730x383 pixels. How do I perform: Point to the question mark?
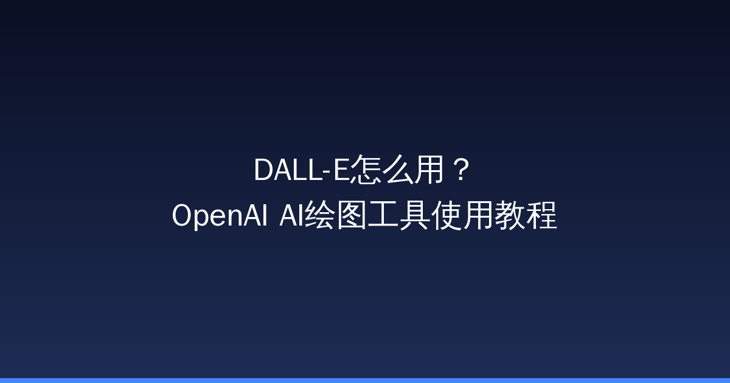(461, 171)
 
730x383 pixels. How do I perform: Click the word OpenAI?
(220, 216)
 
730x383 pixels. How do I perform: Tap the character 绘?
(319, 216)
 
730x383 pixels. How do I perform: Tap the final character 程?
(541, 216)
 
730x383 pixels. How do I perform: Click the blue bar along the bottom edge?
(365, 380)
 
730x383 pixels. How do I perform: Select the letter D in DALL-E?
(262, 171)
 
